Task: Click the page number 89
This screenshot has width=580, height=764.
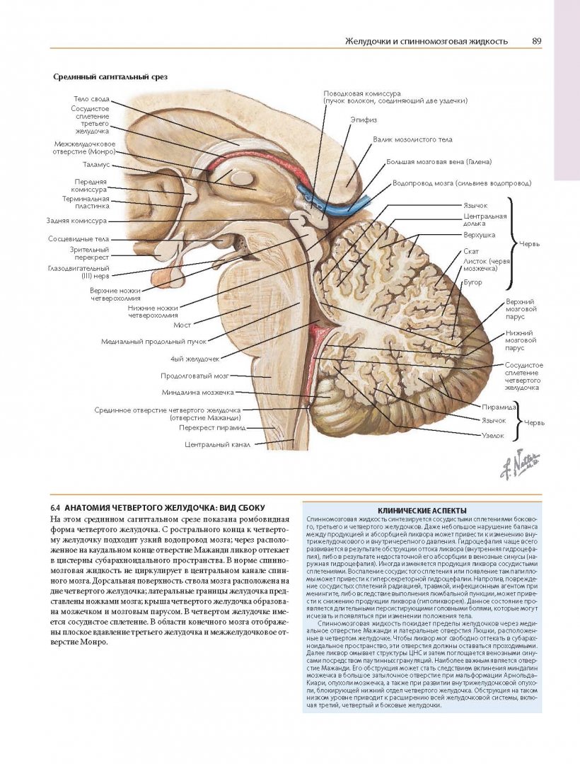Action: click(x=537, y=41)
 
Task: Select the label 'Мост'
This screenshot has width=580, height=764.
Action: click(x=182, y=325)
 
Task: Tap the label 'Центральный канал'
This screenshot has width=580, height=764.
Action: click(x=217, y=445)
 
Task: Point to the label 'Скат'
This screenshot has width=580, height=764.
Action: click(x=471, y=252)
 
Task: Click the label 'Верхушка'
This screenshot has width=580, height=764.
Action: click(x=479, y=234)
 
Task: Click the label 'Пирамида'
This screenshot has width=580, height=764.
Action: click(x=497, y=408)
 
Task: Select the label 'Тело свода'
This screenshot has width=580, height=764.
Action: click(x=90, y=99)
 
